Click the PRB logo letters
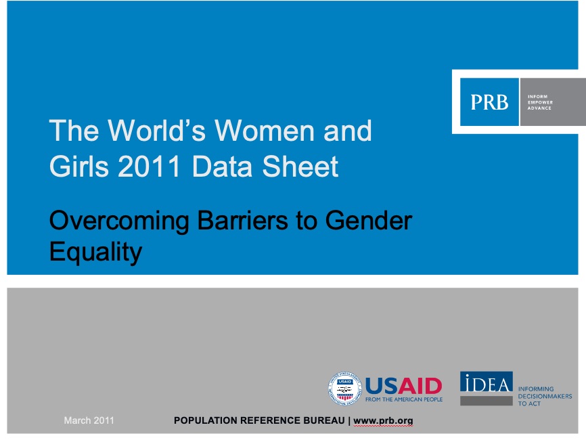point(490,102)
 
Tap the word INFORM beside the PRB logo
point(537,96)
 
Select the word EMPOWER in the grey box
point(540,102)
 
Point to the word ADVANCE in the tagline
point(539,108)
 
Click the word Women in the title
point(264,131)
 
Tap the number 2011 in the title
point(150,167)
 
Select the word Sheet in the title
point(300,167)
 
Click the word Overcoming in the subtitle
point(119,221)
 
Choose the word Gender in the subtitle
point(369,220)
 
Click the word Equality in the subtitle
point(95,252)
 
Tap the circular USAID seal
point(344,389)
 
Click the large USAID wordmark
point(403,386)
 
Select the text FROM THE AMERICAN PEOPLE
point(404,399)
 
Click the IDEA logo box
point(487,388)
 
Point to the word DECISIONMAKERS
point(545,396)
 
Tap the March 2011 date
point(89,420)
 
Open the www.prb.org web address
point(383,421)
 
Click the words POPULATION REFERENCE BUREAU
point(259,420)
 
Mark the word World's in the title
point(157,131)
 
